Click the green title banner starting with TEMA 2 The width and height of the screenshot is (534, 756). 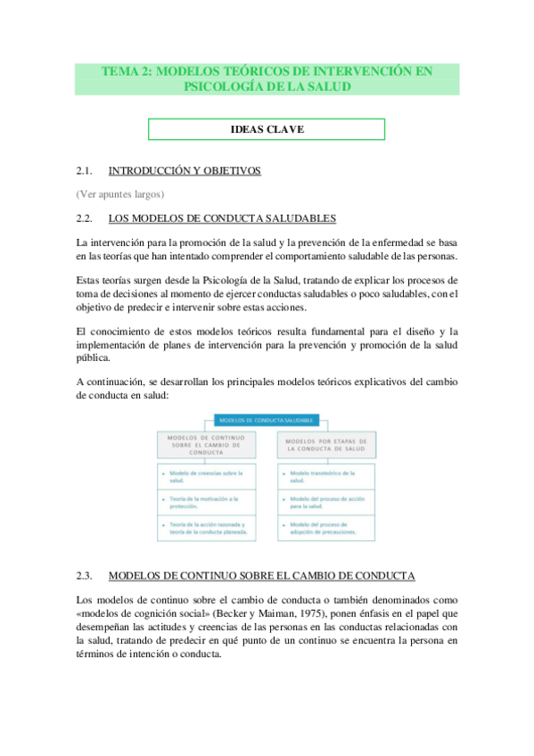coord(267,78)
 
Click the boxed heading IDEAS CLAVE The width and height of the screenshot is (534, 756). coord(267,130)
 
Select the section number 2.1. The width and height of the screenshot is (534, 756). coord(86,170)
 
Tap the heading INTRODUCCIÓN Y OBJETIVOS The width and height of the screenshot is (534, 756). coord(184,170)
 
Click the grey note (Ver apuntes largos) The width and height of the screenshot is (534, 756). coord(120,193)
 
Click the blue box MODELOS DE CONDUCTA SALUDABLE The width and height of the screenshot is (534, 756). coord(267,420)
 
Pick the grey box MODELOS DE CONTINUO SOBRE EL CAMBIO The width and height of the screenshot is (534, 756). coord(206,445)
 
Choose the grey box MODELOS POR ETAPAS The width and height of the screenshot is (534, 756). coord(328,445)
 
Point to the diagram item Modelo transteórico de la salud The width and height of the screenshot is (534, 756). coord(327,477)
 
